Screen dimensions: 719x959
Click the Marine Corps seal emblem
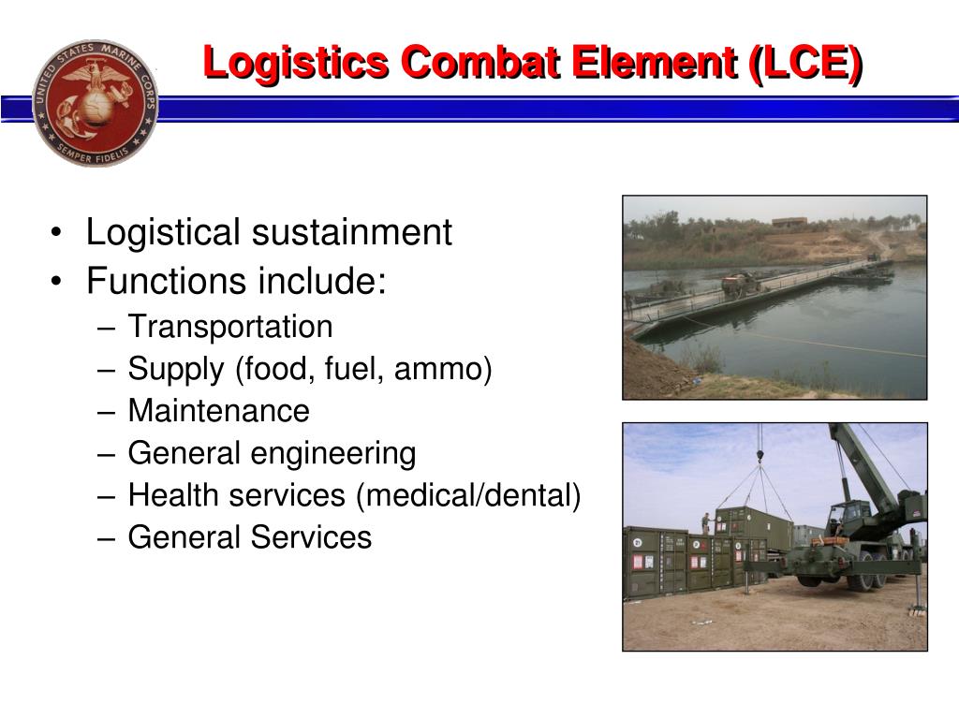pos(95,103)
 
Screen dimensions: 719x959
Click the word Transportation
pos(230,327)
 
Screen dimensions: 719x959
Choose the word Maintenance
pos(218,411)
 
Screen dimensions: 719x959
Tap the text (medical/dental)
pos(468,495)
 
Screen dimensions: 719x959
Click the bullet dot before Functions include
pos(59,281)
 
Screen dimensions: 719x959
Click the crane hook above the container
pos(760,460)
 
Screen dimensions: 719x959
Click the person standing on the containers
pos(706,522)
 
